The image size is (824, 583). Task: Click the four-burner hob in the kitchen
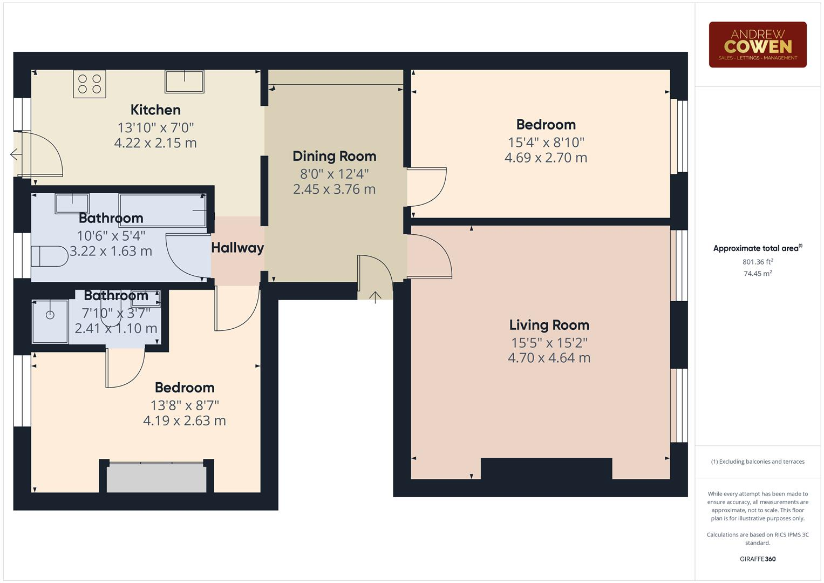click(x=90, y=84)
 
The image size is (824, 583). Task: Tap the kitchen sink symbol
click(x=185, y=82)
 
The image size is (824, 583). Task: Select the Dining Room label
click(x=334, y=156)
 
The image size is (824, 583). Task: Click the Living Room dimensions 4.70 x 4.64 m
click(x=549, y=358)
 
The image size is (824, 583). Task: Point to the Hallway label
click(x=237, y=248)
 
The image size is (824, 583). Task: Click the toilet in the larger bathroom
click(x=49, y=256)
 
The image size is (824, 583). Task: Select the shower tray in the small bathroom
click(x=50, y=321)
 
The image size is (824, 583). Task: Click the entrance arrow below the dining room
click(x=375, y=296)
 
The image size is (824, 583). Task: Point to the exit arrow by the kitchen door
click(x=15, y=155)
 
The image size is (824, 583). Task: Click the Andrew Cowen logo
click(x=757, y=45)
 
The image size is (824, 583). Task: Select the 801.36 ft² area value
click(x=757, y=262)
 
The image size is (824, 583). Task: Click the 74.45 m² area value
click(x=757, y=274)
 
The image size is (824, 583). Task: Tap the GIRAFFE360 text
click(x=757, y=559)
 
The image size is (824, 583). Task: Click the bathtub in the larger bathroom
click(x=162, y=210)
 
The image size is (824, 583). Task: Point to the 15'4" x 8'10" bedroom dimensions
click(x=546, y=143)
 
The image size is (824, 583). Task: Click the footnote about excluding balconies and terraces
click(x=757, y=462)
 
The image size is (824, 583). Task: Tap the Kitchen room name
click(x=155, y=110)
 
